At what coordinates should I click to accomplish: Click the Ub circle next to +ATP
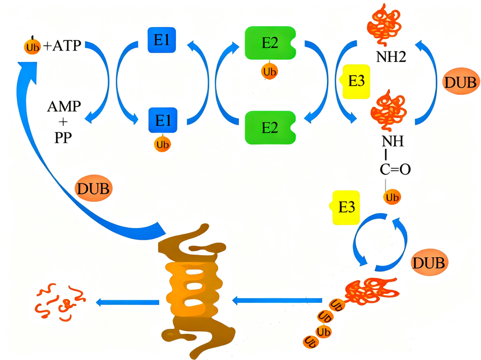32,46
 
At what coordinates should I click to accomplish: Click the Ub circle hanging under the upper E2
269,72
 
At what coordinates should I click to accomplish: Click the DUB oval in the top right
461,83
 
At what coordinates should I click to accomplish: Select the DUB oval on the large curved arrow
94,189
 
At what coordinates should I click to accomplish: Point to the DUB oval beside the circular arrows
429,263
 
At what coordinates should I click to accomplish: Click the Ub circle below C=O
392,197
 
